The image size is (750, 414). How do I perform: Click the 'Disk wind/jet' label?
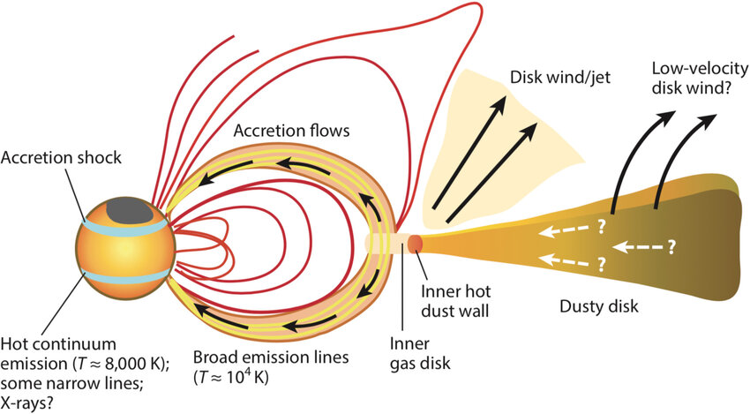(x=553, y=79)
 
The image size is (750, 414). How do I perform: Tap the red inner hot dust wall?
(x=416, y=242)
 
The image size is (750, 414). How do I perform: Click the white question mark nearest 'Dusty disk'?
(x=603, y=263)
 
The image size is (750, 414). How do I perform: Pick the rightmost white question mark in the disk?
(x=671, y=246)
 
